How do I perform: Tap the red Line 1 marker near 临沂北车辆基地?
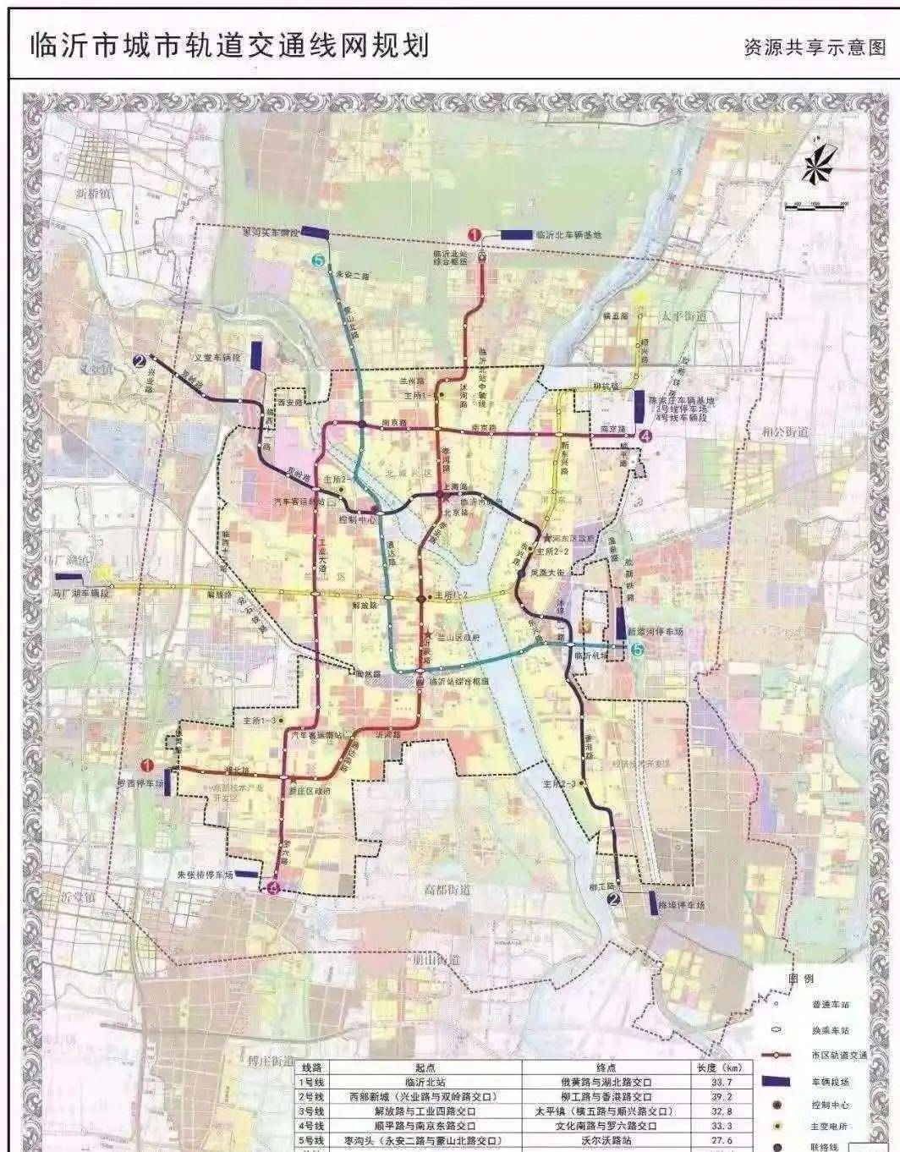point(475,236)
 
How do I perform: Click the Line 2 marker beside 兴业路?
point(139,362)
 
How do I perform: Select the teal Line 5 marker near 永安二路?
point(318,262)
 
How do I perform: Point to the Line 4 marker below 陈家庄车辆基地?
point(647,437)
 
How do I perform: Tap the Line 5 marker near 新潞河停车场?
point(637,650)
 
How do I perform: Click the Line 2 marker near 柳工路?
point(614,899)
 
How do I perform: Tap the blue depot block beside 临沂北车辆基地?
point(517,234)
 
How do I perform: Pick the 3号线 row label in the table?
point(312,1111)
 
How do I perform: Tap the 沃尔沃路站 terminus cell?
point(606,1141)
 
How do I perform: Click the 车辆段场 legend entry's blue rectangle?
point(776,1081)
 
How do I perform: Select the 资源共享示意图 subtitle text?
point(815,47)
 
